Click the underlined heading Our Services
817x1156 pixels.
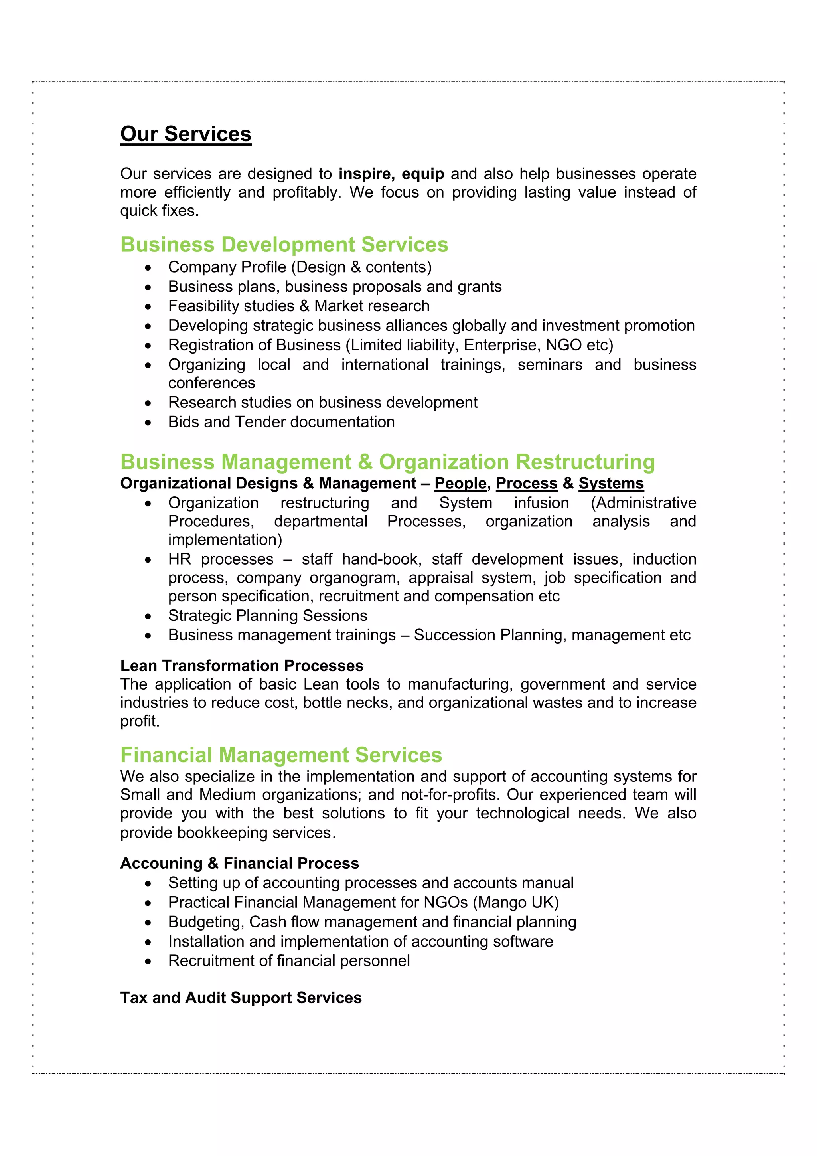click(x=186, y=134)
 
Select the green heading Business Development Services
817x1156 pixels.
click(x=284, y=245)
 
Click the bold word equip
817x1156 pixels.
click(x=422, y=174)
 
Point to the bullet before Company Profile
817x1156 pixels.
click(x=148, y=268)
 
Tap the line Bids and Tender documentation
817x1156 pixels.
click(x=281, y=422)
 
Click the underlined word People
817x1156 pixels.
click(x=460, y=483)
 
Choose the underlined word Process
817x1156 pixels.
click(x=527, y=483)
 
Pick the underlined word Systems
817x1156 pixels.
click(x=611, y=483)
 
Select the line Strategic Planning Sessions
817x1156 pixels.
click(x=267, y=616)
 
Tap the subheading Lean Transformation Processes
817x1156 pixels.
click(x=242, y=666)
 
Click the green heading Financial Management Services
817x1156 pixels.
click(x=281, y=755)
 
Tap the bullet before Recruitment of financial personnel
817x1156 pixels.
click(x=148, y=962)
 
